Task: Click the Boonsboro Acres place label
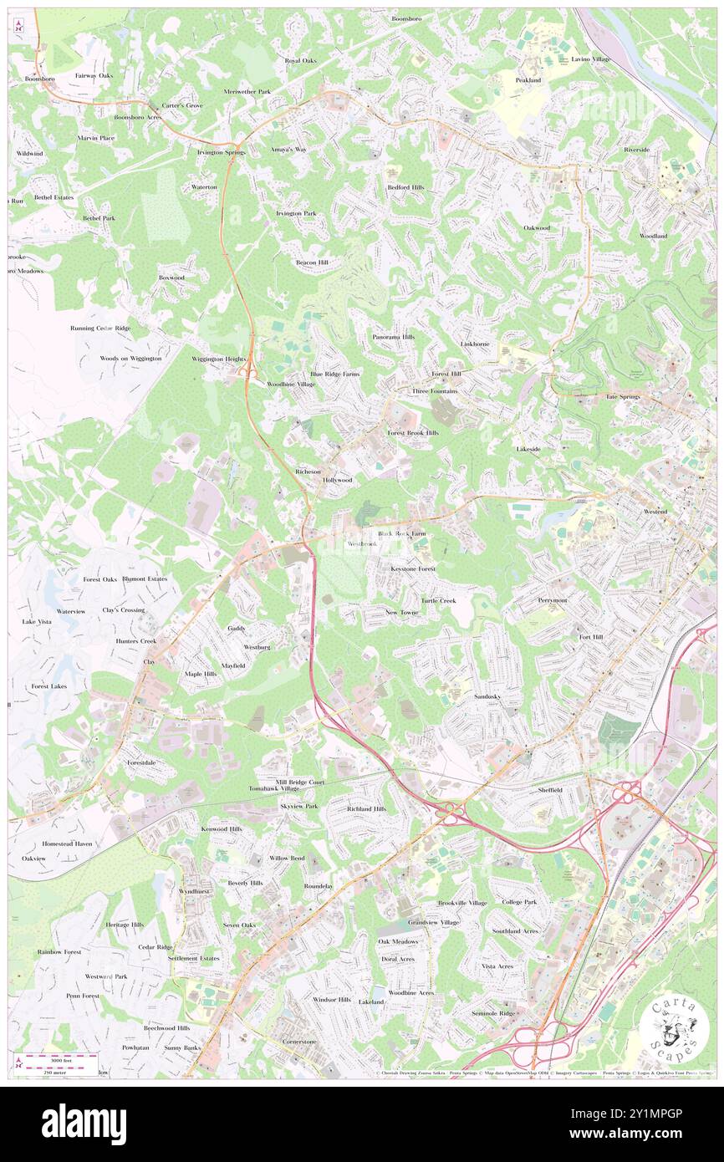click(137, 118)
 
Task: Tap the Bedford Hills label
click(405, 187)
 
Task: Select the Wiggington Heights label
click(218, 358)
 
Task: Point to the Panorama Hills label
click(393, 337)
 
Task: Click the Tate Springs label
click(623, 396)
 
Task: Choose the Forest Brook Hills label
click(412, 433)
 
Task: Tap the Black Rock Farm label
click(401, 533)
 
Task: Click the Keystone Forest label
click(413, 568)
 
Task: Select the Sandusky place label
click(487, 696)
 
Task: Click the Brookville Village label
click(462, 903)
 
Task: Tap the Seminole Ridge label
click(493, 1012)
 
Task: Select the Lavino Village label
click(591, 59)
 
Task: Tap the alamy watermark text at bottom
click(84, 1124)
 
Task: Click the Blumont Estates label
click(144, 578)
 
